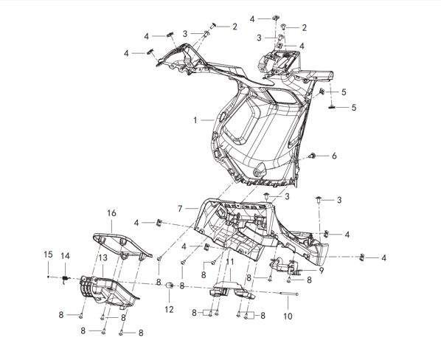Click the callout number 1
pyautogui.click(x=195, y=120)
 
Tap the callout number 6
pyautogui.click(x=334, y=156)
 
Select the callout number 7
pyautogui.click(x=180, y=209)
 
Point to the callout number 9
pyautogui.click(x=322, y=271)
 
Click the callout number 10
pyautogui.click(x=288, y=316)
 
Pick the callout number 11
pyautogui.click(x=230, y=262)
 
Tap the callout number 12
pyautogui.click(x=169, y=310)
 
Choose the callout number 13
pyautogui.click(x=103, y=257)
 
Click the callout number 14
pyautogui.click(x=65, y=256)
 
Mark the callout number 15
pyautogui.click(x=48, y=255)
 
